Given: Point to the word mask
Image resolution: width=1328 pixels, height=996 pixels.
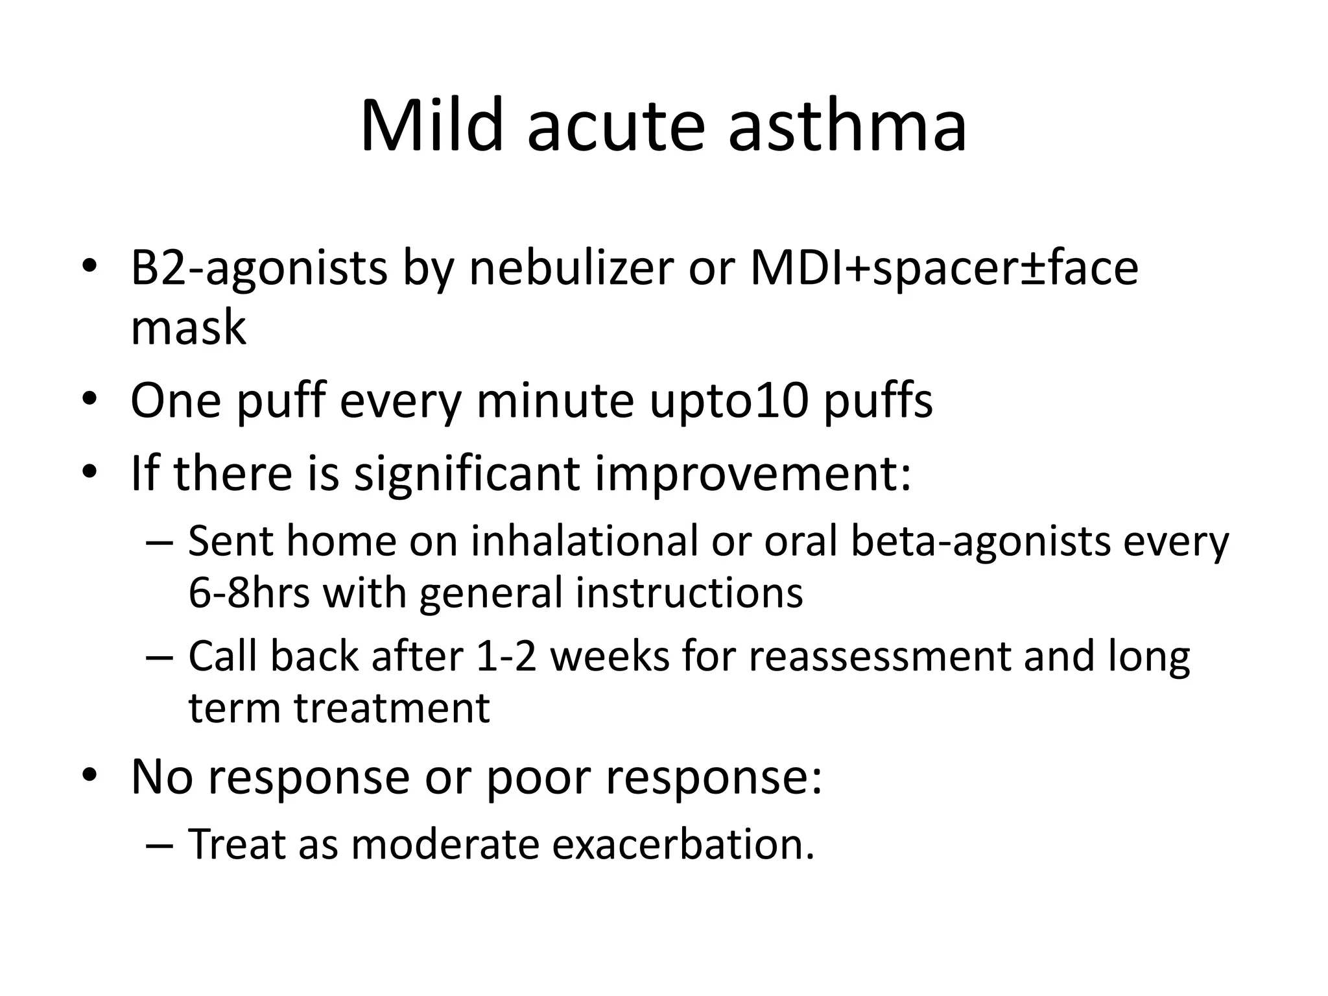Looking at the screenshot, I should click(188, 327).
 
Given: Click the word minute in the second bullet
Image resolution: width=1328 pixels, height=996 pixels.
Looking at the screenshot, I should click(555, 400).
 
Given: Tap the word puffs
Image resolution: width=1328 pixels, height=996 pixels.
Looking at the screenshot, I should click(878, 400).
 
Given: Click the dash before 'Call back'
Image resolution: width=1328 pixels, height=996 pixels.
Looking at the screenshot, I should click(159, 658).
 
